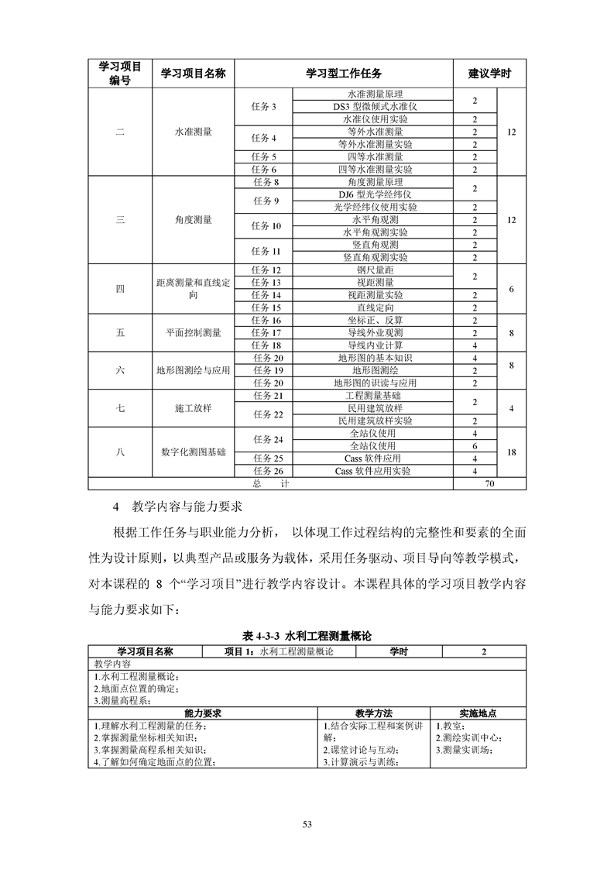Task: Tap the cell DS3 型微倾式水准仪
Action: pos(376,107)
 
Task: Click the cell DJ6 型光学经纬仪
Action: pos(376,194)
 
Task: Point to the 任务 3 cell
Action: pos(264,107)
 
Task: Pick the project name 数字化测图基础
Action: pos(194,452)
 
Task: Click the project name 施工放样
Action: pos(194,407)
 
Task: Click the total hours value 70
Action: pos(489,483)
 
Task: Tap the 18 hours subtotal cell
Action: pos(511,452)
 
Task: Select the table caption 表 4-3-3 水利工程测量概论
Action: pos(307,635)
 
